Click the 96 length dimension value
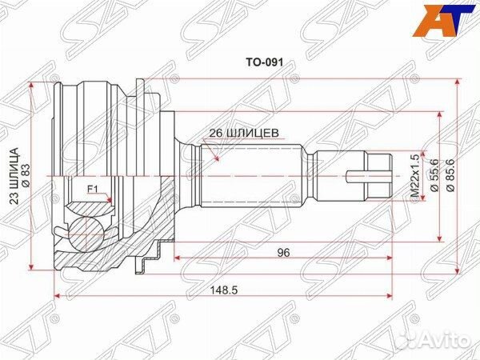click(x=282, y=252)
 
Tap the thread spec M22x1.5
click(x=414, y=178)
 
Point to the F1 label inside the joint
click(x=92, y=190)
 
